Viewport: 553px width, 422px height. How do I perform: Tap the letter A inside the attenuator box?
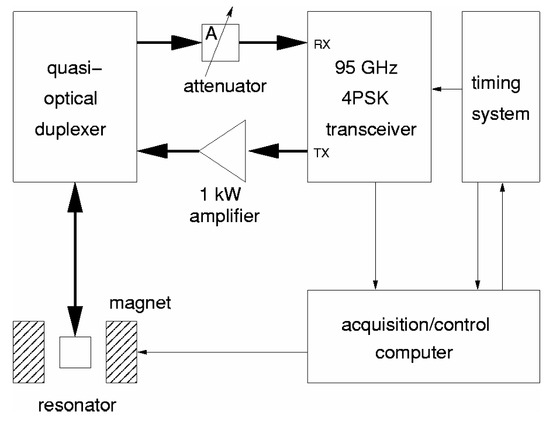[x=212, y=35]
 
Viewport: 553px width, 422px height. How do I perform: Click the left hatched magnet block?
[x=29, y=352]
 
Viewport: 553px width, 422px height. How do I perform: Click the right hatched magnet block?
[x=121, y=352]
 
